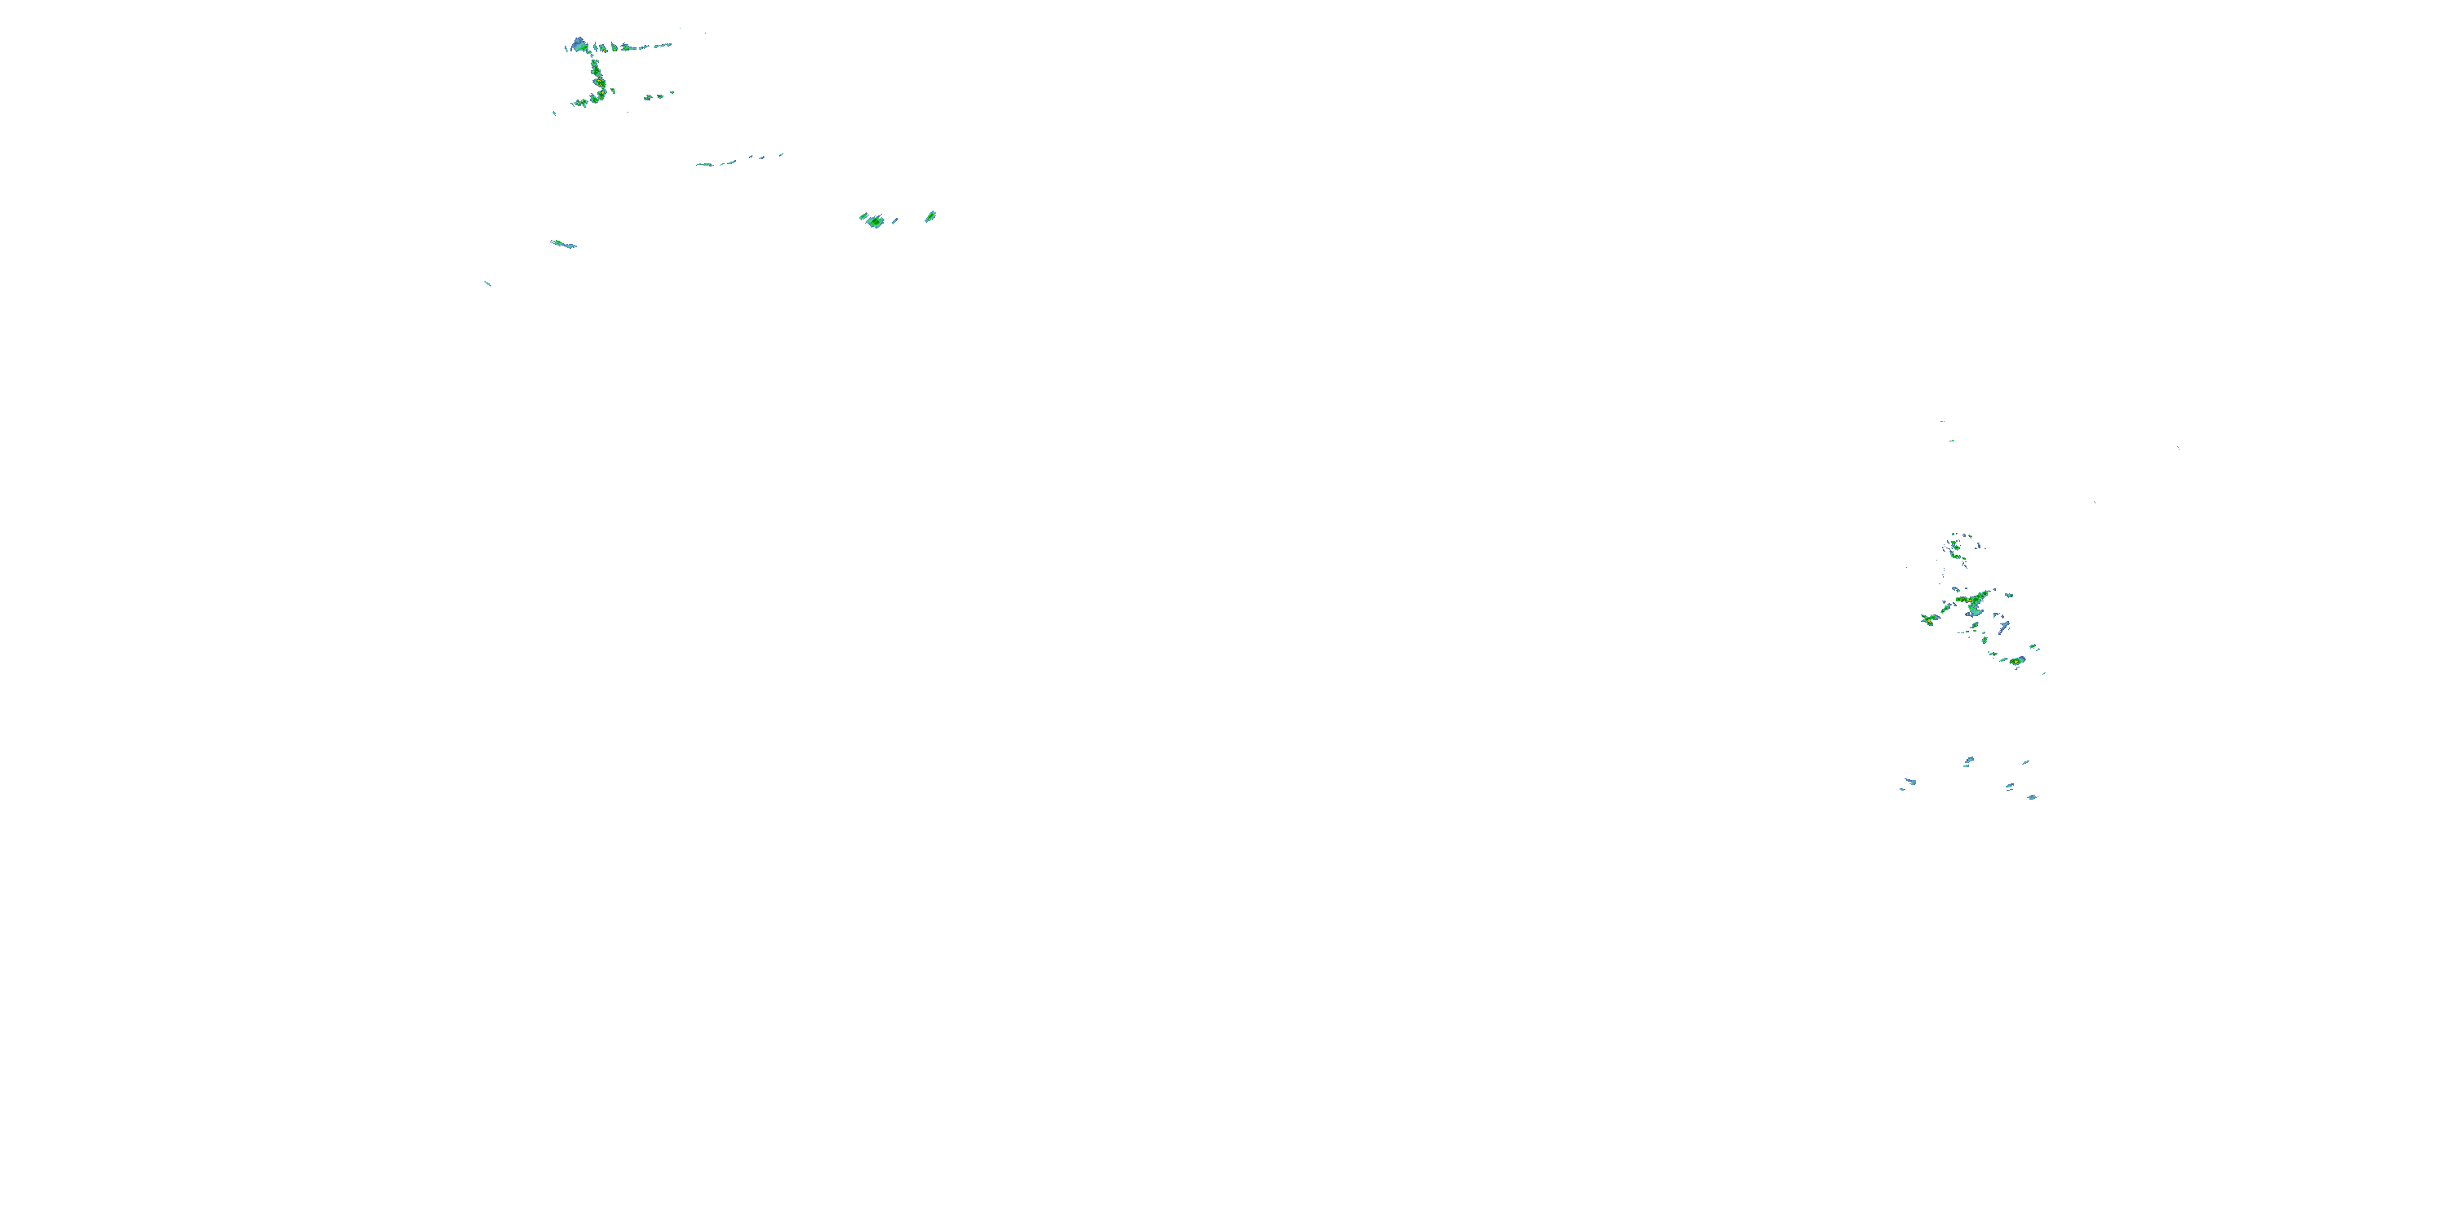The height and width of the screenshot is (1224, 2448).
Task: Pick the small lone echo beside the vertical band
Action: click(612, 91)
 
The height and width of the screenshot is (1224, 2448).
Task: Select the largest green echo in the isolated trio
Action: click(873, 220)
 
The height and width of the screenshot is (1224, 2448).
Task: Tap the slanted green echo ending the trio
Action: click(930, 217)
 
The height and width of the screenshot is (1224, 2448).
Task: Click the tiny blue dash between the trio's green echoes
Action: click(895, 220)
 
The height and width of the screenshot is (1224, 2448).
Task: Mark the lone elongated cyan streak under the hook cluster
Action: click(562, 244)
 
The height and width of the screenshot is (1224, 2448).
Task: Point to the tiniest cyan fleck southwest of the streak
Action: click(487, 283)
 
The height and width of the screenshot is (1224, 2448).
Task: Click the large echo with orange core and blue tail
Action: click(1975, 602)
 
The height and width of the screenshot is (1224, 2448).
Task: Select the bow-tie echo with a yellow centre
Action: click(1929, 619)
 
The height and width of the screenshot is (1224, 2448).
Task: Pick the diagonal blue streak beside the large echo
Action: click(2003, 628)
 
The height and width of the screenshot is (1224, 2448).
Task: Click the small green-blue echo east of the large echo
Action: click(2010, 596)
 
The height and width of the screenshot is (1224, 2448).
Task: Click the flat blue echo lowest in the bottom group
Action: click(2032, 797)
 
